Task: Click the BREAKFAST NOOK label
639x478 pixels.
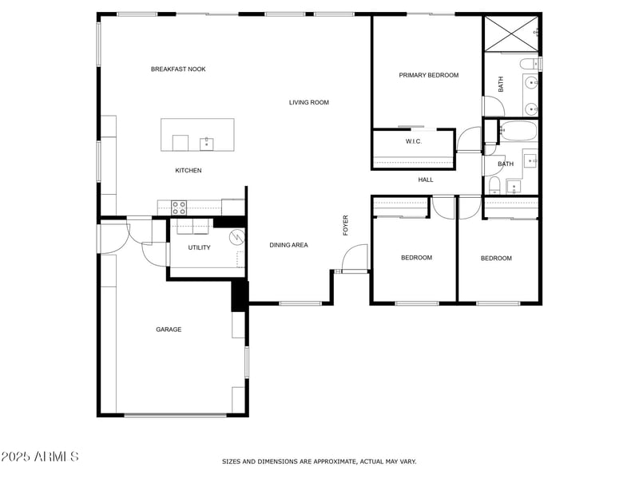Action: point(178,69)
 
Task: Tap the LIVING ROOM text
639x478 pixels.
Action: point(308,102)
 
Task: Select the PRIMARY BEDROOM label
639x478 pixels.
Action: point(428,75)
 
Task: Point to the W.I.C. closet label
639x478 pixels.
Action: point(413,141)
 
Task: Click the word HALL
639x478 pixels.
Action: point(426,180)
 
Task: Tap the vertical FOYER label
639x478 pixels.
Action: point(346,224)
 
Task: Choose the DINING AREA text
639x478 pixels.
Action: point(288,245)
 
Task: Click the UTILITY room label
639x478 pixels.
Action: point(199,247)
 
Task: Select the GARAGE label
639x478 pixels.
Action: point(169,329)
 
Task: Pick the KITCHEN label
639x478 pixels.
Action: point(189,171)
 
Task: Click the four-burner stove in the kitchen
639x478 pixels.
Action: point(179,207)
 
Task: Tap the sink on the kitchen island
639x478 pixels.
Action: point(206,143)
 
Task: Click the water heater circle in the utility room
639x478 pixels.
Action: point(236,238)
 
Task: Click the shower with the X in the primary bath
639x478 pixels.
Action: point(511,33)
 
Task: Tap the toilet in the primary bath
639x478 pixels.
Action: point(528,63)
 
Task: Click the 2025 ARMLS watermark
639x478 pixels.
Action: point(40,456)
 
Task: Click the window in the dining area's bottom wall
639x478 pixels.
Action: point(300,303)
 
